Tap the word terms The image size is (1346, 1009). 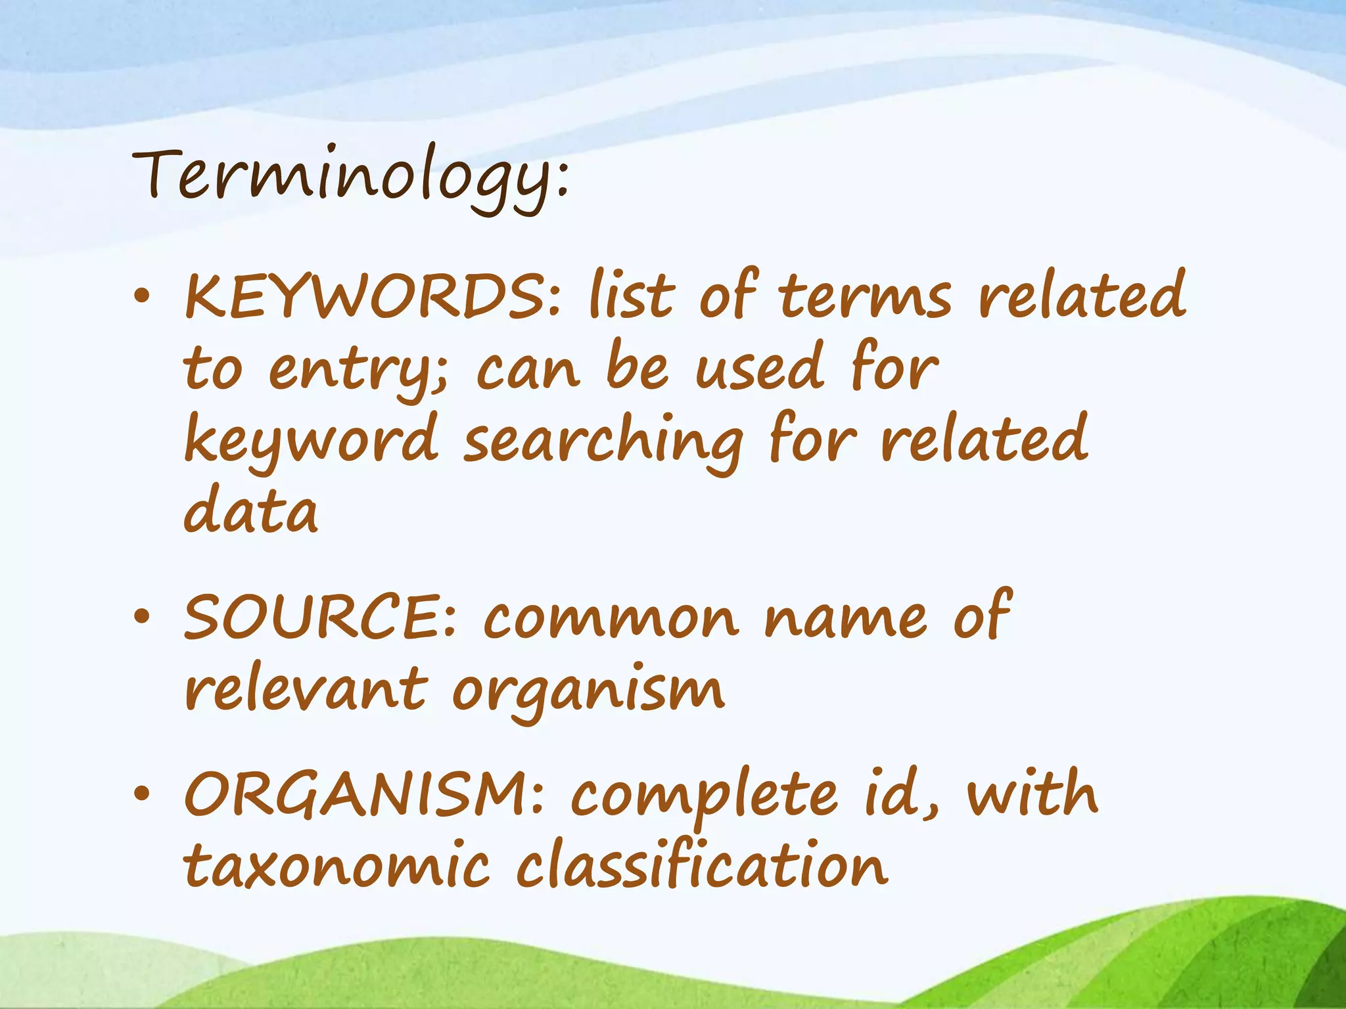(x=865, y=296)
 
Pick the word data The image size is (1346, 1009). (x=251, y=511)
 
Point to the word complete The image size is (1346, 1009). (x=704, y=796)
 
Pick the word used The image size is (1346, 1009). (x=759, y=368)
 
